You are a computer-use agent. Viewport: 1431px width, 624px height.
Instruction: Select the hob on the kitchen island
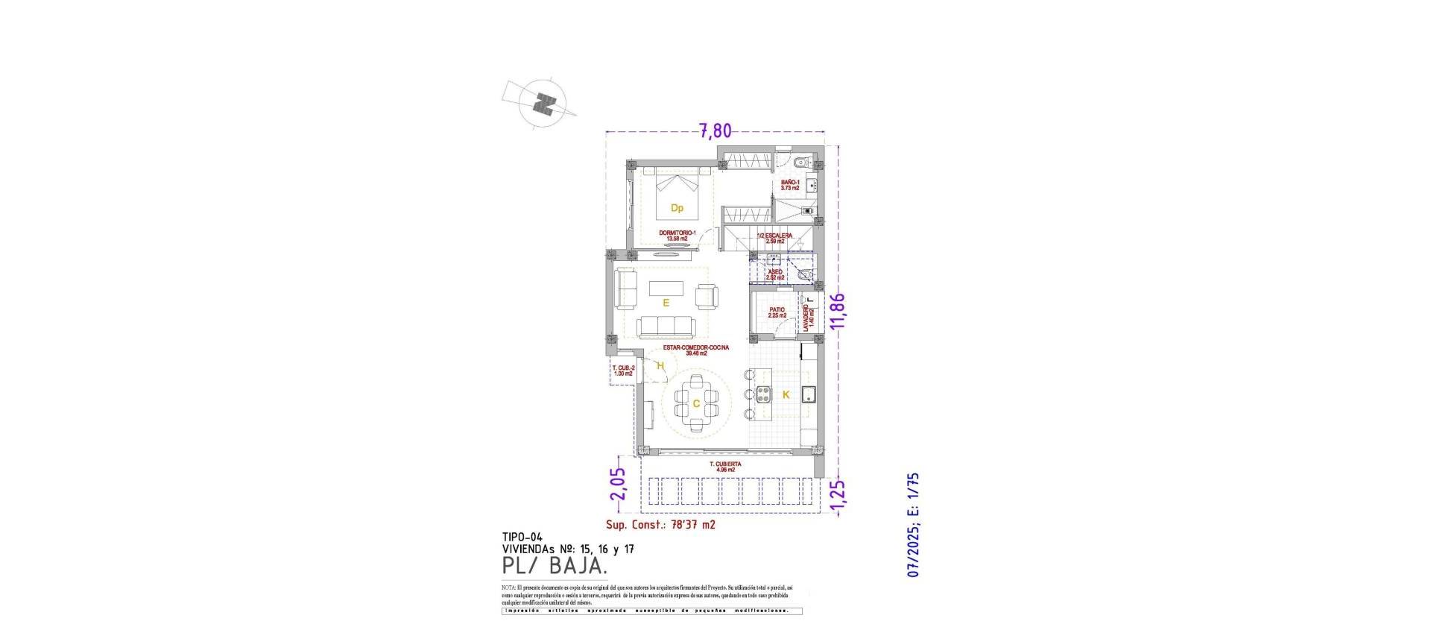point(764,393)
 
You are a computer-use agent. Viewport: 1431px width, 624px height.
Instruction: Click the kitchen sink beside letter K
point(808,395)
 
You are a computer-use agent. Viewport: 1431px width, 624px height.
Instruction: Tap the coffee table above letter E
point(145,287)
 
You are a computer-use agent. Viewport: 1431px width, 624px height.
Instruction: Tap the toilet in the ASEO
point(804,275)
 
